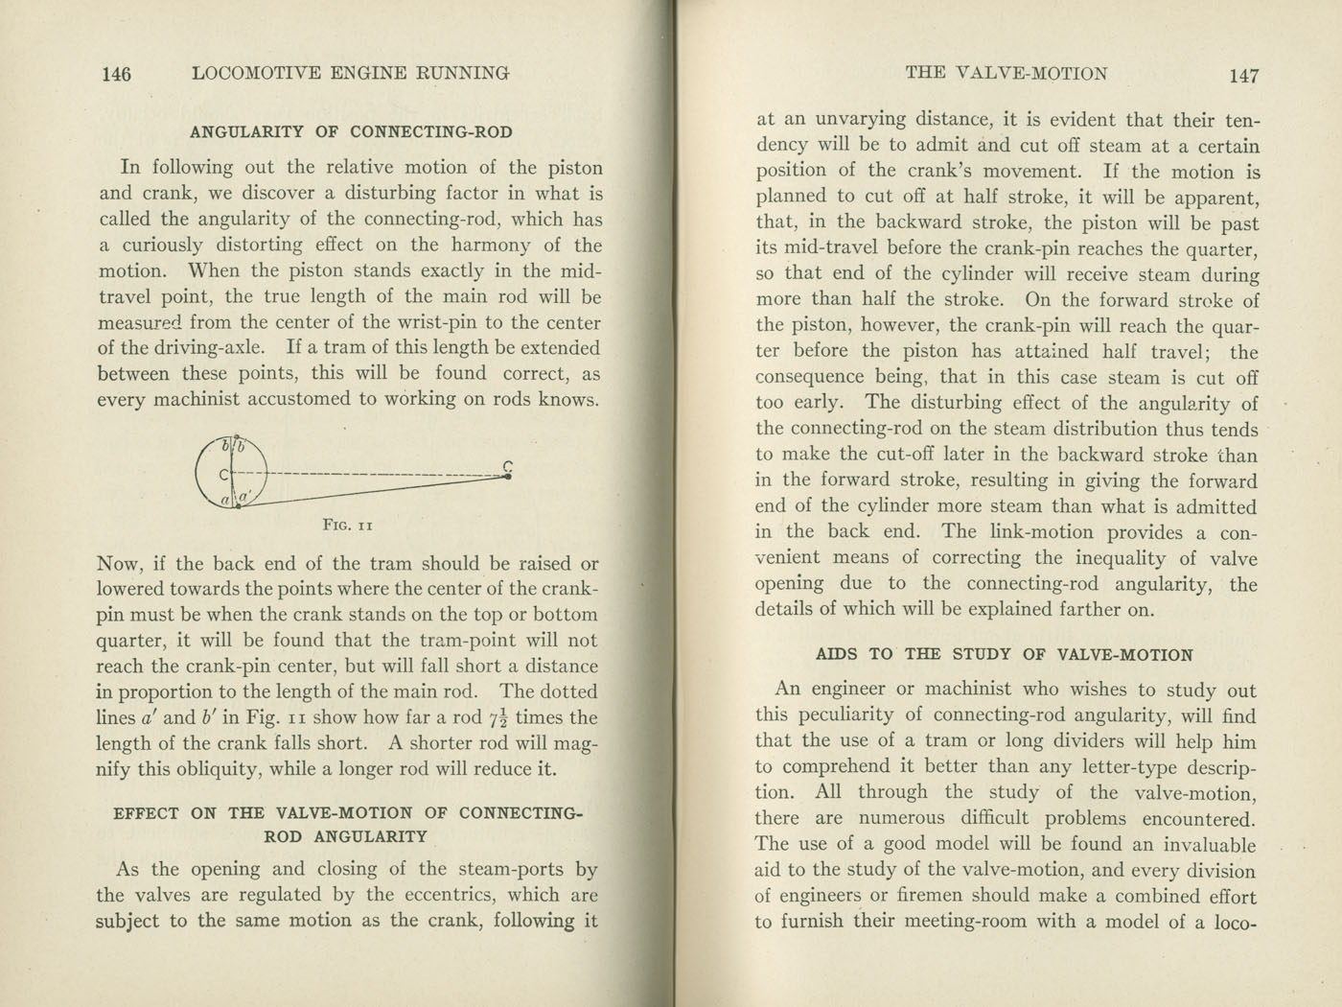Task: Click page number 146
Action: point(116,74)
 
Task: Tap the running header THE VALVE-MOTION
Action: point(1006,73)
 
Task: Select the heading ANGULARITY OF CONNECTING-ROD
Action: point(351,132)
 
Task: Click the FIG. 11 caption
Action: point(348,525)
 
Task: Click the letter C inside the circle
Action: point(222,474)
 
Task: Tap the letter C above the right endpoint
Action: point(508,465)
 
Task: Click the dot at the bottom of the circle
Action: point(236,505)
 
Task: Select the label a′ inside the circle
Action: point(244,496)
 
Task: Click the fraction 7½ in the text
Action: point(497,717)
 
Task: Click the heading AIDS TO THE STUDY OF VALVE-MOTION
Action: point(1004,655)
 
